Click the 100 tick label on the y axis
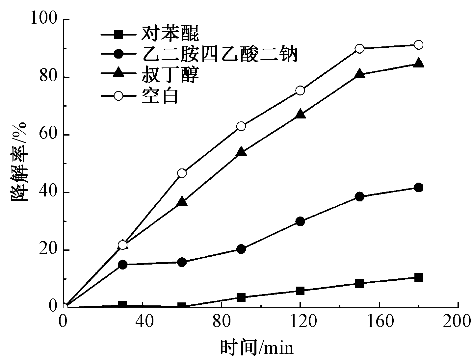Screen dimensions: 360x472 coord(45,19)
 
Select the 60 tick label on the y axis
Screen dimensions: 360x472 coord(49,135)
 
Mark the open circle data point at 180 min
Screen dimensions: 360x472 coord(418,45)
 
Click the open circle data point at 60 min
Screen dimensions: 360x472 coord(182,173)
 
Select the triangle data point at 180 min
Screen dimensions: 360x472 coord(418,63)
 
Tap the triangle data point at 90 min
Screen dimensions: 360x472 coord(241,152)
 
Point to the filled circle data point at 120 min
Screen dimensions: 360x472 coord(300,221)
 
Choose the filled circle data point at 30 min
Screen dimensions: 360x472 coord(123,265)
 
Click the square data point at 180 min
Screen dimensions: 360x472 coord(418,277)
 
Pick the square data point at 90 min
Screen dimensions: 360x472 coord(241,297)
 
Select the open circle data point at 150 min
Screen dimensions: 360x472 coord(360,49)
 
